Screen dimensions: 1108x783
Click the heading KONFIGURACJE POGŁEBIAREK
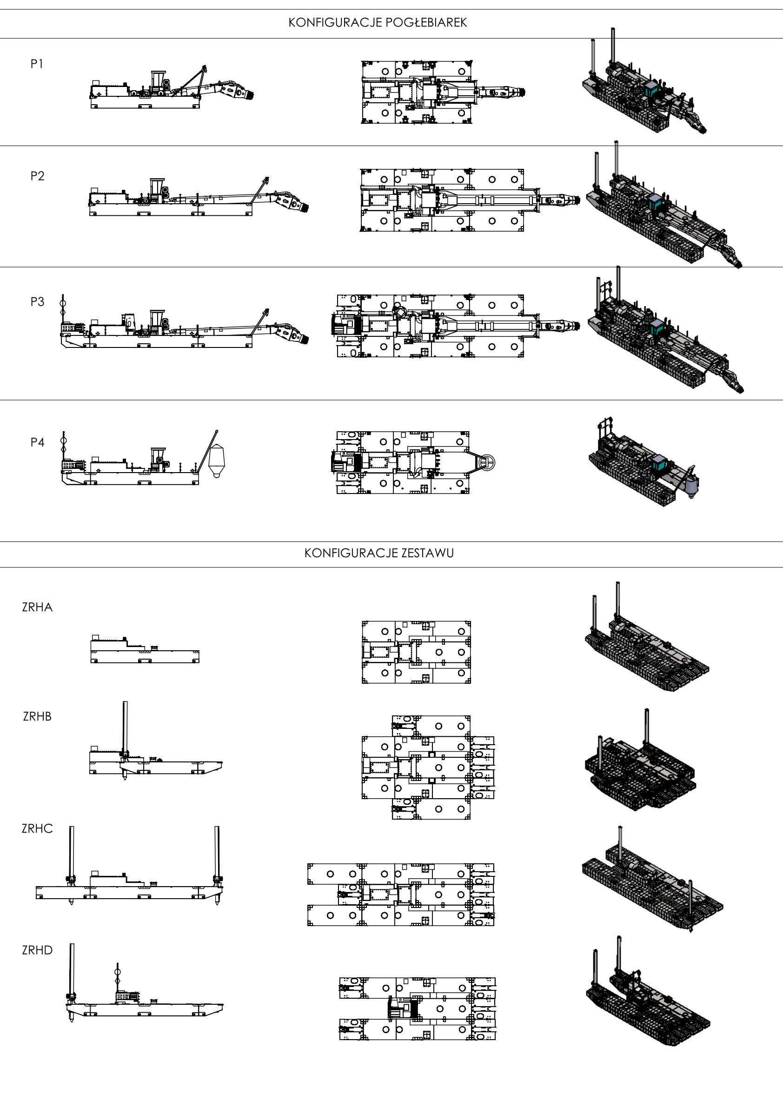pos(377,23)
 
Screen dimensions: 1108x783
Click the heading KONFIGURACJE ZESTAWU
pos(379,553)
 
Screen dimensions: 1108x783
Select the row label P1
pos(37,64)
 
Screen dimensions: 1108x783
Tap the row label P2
pos(37,176)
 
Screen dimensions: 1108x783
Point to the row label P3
pos(37,301)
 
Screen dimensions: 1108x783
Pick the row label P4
pos(37,442)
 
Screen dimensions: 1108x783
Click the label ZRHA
pos(37,607)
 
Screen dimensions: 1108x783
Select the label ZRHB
pos(37,716)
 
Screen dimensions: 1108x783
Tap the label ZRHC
pos(37,828)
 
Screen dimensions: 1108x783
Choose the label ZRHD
pos(37,950)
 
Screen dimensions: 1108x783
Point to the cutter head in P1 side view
pos(248,94)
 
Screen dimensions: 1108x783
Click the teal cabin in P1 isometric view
pos(651,89)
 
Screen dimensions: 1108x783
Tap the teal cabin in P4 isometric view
pos(658,464)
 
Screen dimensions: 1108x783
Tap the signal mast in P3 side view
pos(63,309)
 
